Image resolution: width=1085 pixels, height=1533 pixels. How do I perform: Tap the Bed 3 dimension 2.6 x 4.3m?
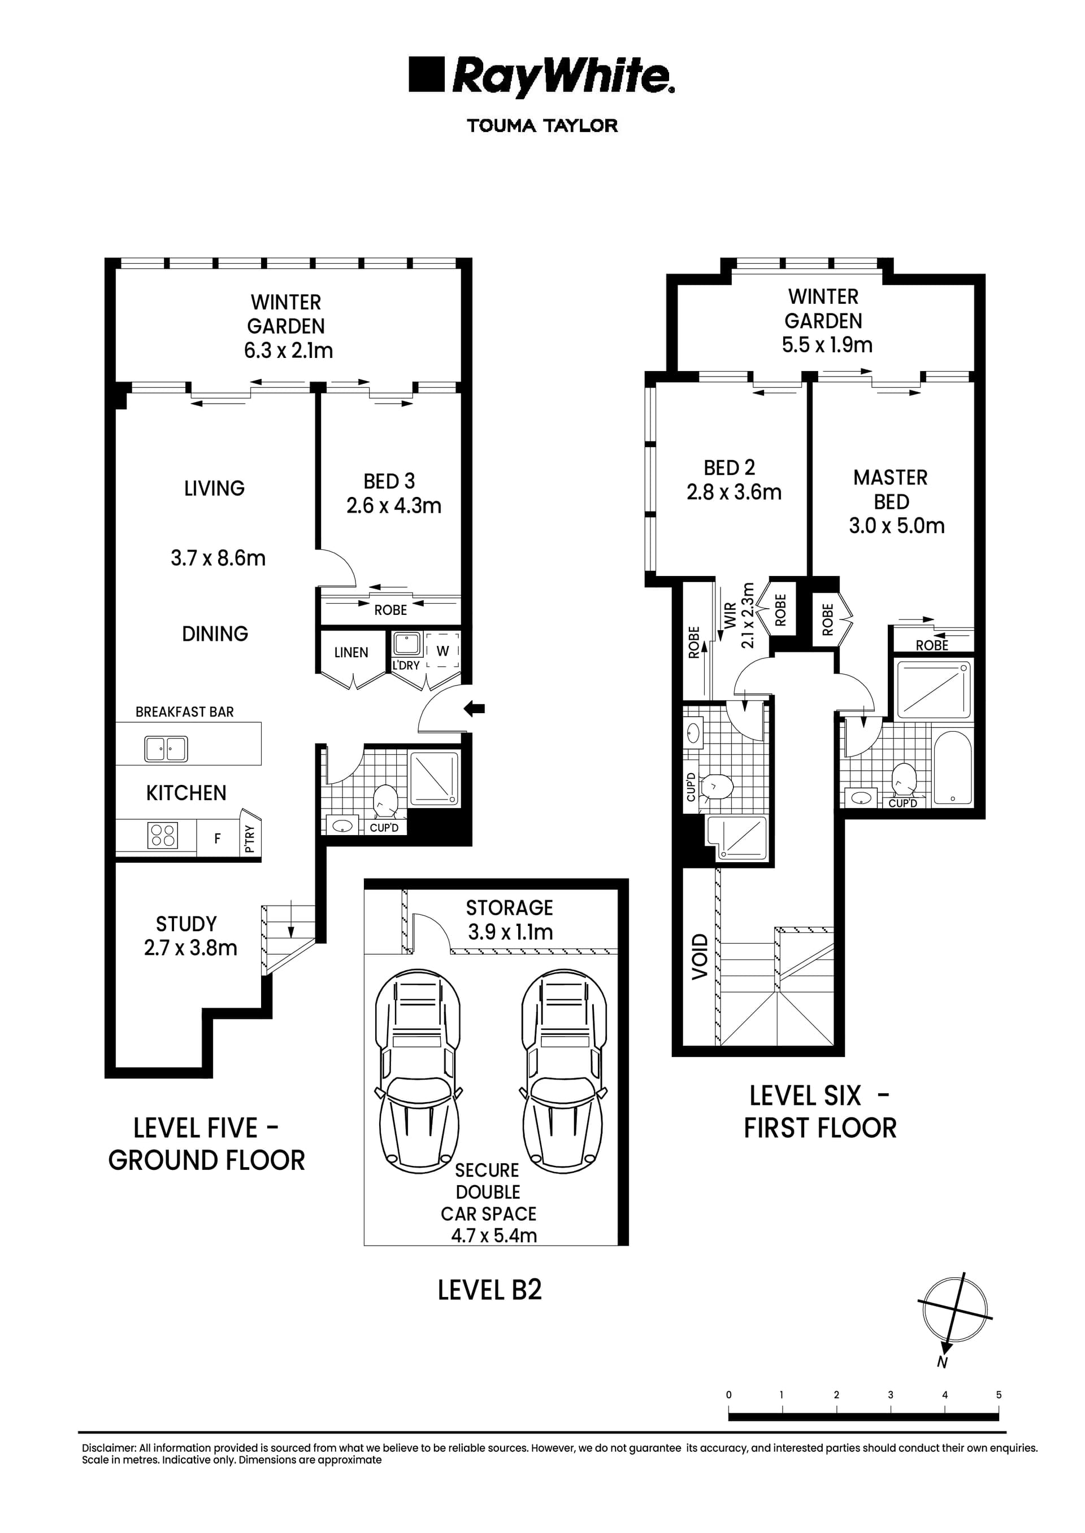tap(393, 505)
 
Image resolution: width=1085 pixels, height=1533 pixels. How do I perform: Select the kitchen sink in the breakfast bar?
tap(166, 749)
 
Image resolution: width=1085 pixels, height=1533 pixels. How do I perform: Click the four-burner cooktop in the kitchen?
tap(162, 835)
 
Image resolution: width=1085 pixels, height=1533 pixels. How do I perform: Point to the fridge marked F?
tap(217, 838)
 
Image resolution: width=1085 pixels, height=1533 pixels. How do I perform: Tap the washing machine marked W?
tap(443, 650)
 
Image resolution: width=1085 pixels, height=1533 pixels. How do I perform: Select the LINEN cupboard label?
tap(351, 652)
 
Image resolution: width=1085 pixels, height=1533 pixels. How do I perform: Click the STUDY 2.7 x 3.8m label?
tap(190, 936)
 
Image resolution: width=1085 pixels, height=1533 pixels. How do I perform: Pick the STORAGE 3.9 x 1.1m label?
tap(510, 919)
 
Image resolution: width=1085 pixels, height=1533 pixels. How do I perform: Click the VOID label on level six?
tap(699, 957)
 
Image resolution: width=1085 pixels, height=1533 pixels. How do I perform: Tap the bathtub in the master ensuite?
tap(952, 768)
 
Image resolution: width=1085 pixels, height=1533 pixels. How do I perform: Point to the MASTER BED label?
tap(891, 490)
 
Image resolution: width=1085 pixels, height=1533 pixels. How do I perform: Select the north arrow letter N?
tap(942, 1362)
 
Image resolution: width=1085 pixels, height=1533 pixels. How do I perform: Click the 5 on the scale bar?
tap(998, 1395)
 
